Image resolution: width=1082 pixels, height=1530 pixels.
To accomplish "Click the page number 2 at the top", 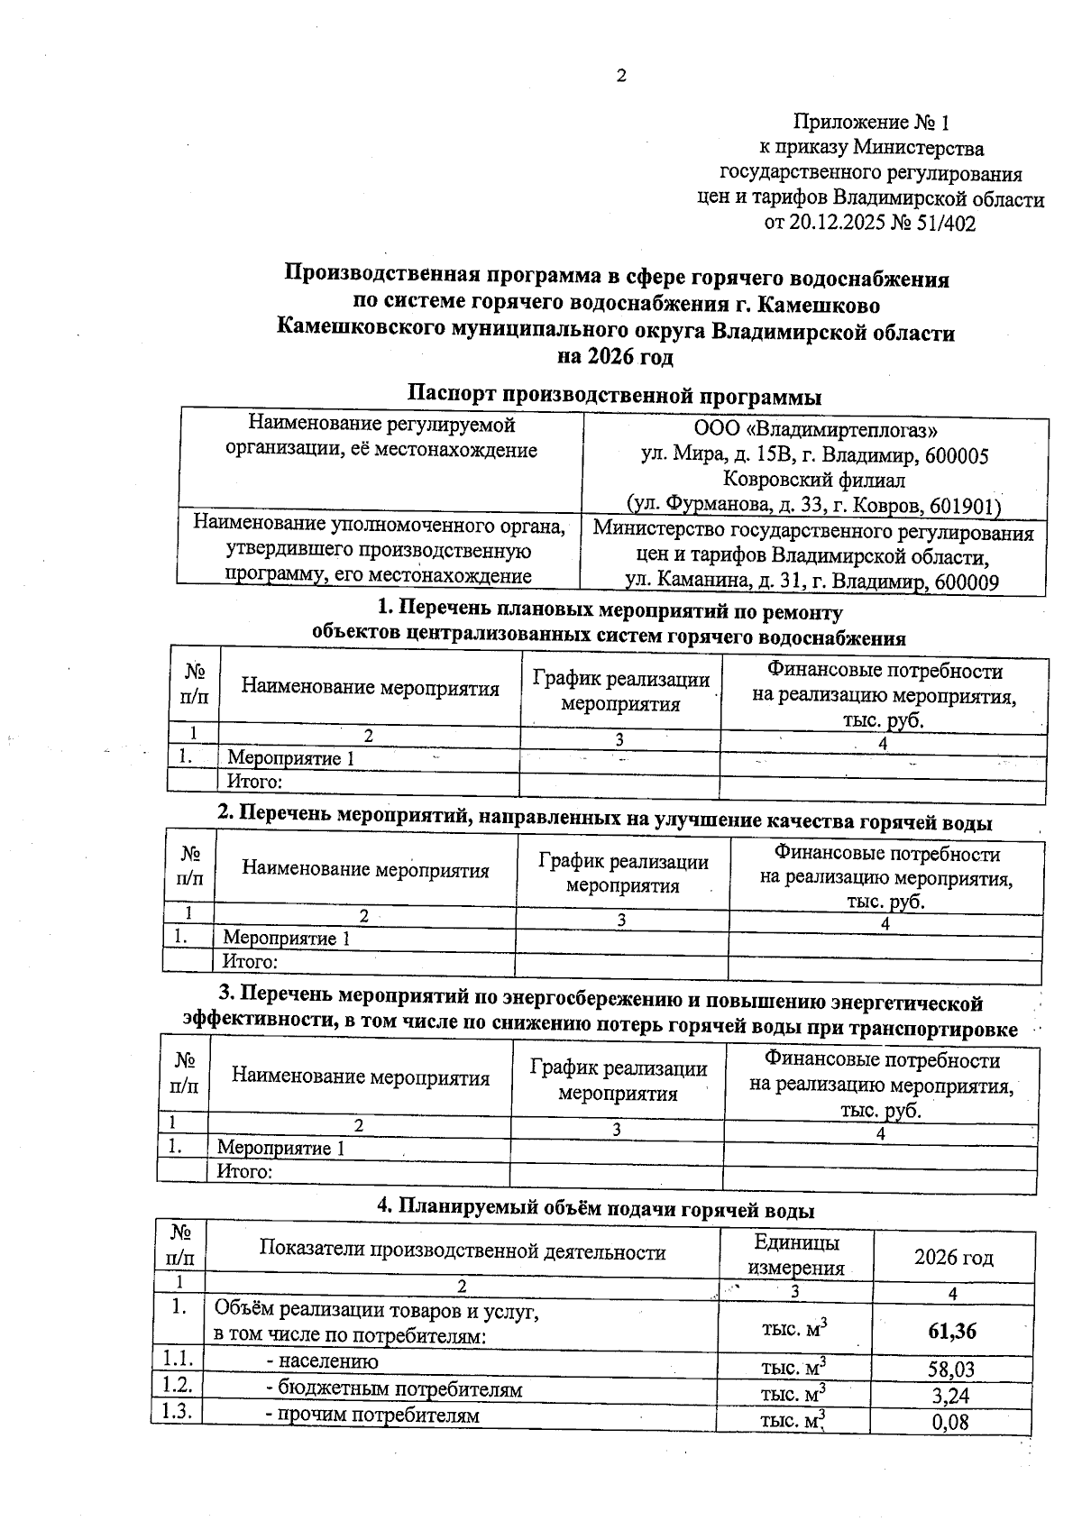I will click(x=620, y=77).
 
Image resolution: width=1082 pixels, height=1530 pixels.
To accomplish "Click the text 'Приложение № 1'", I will click(x=871, y=122).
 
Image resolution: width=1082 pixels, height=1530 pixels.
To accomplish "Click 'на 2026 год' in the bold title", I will click(x=615, y=357).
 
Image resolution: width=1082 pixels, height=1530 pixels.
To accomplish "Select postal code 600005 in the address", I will click(x=949, y=456).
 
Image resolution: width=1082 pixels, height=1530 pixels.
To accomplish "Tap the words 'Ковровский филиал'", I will click(x=814, y=481).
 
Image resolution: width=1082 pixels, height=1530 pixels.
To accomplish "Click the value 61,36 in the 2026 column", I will click(x=951, y=1331).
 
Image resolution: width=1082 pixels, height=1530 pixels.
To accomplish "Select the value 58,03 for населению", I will click(x=951, y=1370).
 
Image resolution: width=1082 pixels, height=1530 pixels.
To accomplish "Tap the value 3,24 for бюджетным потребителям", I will click(x=951, y=1397).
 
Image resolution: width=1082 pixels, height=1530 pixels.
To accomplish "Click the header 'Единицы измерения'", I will click(x=795, y=1255).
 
